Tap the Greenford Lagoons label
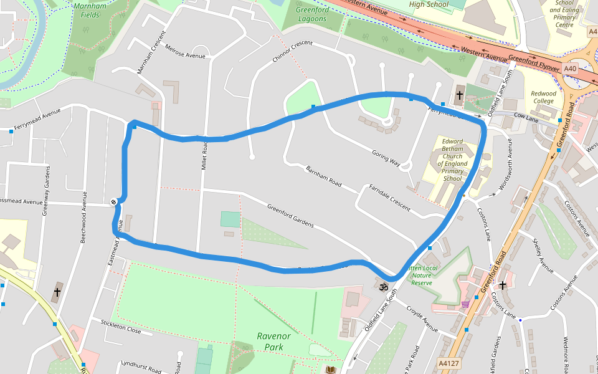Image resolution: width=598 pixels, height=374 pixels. (311, 14)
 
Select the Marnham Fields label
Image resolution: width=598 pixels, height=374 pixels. (90, 9)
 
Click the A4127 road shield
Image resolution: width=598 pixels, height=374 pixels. (449, 362)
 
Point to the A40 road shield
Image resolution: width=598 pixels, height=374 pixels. (570, 68)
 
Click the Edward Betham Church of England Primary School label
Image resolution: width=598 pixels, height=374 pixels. (453, 160)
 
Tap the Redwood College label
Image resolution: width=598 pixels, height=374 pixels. (543, 97)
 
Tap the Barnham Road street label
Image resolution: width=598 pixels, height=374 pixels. (324, 176)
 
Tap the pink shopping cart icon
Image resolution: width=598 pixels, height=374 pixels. (465, 304)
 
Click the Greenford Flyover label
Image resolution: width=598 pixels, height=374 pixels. (534, 62)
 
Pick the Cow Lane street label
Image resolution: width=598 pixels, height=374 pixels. (526, 117)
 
